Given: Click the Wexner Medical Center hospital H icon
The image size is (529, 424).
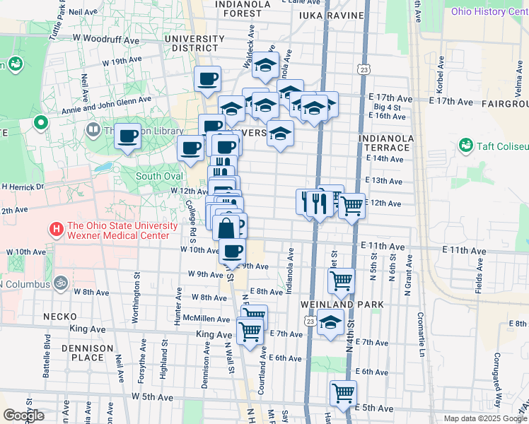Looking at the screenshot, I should click(55, 230).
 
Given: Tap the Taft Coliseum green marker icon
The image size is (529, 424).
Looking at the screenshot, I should click(465, 146).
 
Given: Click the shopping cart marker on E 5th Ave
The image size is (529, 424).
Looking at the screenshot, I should click(343, 393).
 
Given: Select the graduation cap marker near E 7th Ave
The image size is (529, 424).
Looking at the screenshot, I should click(330, 323).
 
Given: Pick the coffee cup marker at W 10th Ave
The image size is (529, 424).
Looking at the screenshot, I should click(232, 251).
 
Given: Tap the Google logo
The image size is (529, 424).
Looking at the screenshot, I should click(23, 415).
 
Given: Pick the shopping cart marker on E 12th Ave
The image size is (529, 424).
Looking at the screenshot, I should click(351, 206).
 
